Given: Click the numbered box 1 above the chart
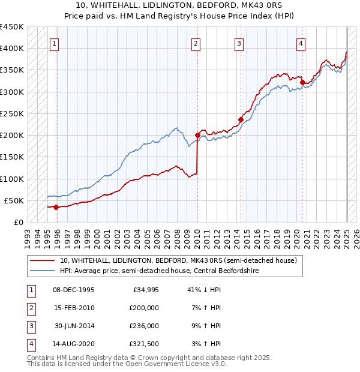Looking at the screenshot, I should (55, 43).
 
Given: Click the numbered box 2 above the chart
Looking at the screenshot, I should (196, 43).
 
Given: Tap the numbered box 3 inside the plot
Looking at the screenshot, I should (239, 43).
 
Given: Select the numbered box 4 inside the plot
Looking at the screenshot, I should (301, 43).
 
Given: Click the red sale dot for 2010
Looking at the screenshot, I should (197, 135).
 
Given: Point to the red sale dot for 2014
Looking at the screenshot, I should (241, 119).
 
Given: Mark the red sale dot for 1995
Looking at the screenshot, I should (56, 207).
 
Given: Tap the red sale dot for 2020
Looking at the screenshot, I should (303, 82).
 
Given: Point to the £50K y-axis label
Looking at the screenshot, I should (14, 200).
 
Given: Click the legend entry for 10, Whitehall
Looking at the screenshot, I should (178, 261).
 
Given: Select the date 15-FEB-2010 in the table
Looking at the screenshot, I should (74, 307).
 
